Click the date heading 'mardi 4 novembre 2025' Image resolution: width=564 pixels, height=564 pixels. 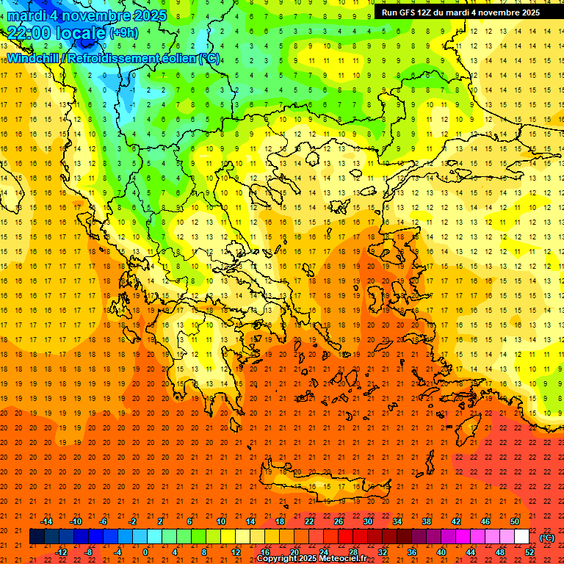[x=87, y=15]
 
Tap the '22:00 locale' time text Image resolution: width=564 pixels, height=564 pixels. [x=57, y=32]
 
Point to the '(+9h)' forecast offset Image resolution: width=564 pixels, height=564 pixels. [x=123, y=32]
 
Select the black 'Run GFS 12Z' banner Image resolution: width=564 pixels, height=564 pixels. [x=460, y=12]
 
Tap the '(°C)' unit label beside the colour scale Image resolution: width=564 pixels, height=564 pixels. [x=547, y=538]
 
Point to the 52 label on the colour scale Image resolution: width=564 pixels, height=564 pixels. [x=529, y=552]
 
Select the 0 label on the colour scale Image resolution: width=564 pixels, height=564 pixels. [x=146, y=552]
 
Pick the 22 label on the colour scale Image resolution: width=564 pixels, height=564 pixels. [x=309, y=521]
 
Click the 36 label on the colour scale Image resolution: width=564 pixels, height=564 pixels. [x=412, y=552]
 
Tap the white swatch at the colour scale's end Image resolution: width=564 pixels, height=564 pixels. [x=522, y=537]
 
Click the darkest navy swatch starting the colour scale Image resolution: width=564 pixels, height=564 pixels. [x=37, y=537]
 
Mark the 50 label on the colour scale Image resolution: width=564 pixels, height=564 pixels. [x=515, y=521]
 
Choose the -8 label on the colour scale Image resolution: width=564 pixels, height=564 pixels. [x=88, y=552]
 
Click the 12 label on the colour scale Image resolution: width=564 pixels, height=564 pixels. [x=236, y=552]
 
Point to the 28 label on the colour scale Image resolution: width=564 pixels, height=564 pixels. [x=353, y=552]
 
